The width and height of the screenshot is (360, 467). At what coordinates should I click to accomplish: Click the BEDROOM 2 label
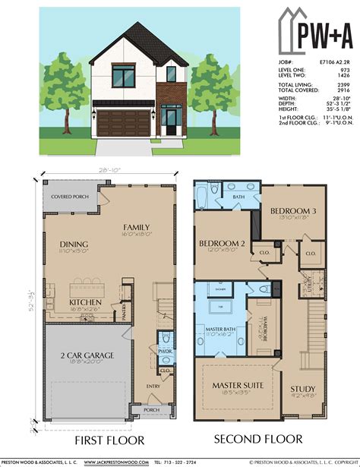click(x=219, y=243)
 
